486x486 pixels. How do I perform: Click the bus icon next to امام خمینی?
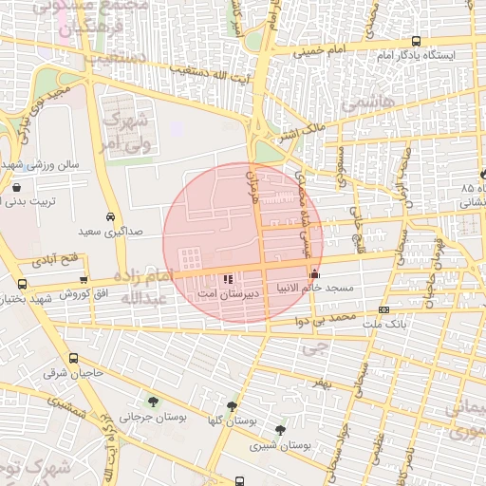[x=417, y=41]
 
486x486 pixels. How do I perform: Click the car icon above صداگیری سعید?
[x=112, y=216]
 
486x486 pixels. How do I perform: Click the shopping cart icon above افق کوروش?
[x=84, y=280]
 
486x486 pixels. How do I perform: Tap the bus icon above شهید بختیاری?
[x=22, y=284]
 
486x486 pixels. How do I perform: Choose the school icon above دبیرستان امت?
[x=226, y=279]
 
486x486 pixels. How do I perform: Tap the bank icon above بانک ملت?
[x=383, y=309]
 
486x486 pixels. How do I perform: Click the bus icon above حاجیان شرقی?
[x=74, y=359]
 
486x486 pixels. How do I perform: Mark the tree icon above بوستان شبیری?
[x=279, y=429]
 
